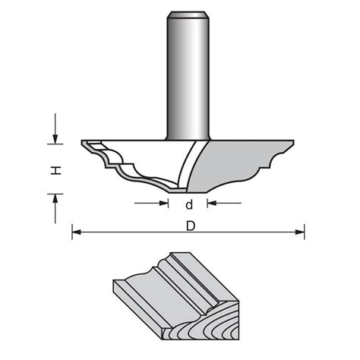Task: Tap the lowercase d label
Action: coord(188,204)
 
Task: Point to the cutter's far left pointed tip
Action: coord(83,142)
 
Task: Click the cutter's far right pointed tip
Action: coord(295,142)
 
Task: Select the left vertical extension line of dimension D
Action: coord(72,229)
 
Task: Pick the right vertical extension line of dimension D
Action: coord(305,229)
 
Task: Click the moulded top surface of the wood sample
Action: coord(182,281)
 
